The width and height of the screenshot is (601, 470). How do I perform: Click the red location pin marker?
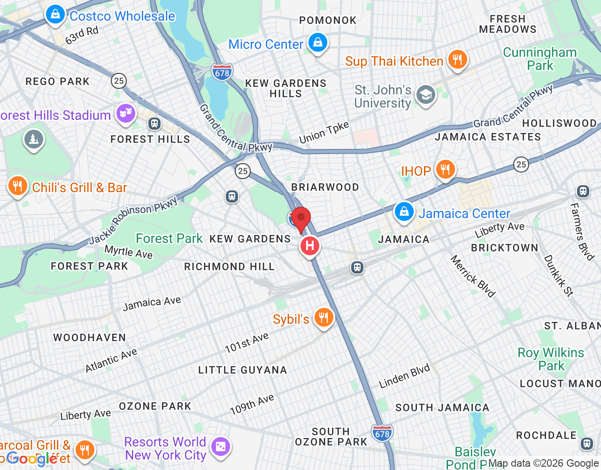tap(301, 219)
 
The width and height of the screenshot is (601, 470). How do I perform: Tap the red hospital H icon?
tap(309, 246)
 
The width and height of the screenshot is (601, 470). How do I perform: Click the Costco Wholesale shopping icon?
tap(55, 15)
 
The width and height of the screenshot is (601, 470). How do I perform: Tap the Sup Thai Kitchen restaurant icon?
tap(457, 60)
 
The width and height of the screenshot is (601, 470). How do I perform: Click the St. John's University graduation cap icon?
tap(426, 95)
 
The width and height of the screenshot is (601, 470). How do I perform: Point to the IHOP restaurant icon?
tap(445, 170)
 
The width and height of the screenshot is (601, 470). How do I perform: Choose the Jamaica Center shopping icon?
tap(404, 212)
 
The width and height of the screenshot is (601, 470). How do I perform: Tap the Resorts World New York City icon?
tap(221, 446)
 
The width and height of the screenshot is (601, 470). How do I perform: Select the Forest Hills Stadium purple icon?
tap(125, 113)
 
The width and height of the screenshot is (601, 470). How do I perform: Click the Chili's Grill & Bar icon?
tap(17, 186)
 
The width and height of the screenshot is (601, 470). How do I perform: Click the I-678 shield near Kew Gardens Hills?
tap(222, 72)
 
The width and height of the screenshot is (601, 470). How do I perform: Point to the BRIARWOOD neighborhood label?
tap(325, 188)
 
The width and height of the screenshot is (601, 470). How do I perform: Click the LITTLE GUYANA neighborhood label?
tap(242, 370)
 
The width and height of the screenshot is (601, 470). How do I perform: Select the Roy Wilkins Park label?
tap(551, 359)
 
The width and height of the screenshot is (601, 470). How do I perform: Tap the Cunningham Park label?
tap(540, 59)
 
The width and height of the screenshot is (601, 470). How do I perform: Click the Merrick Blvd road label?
tap(472, 276)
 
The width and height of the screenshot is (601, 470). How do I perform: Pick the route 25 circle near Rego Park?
tap(119, 81)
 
